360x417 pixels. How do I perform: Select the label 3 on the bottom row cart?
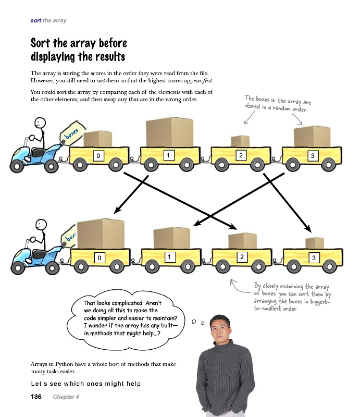tap(314, 257)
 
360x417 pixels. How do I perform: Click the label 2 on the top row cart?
tap(240, 155)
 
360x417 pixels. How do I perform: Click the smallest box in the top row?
tap(240, 141)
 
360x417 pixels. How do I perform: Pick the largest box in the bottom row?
tap(101, 233)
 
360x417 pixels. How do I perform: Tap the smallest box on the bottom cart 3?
tap(314, 243)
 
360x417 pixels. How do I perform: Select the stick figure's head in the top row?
tap(40, 124)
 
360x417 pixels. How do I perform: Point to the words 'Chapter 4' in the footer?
tap(65, 397)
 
